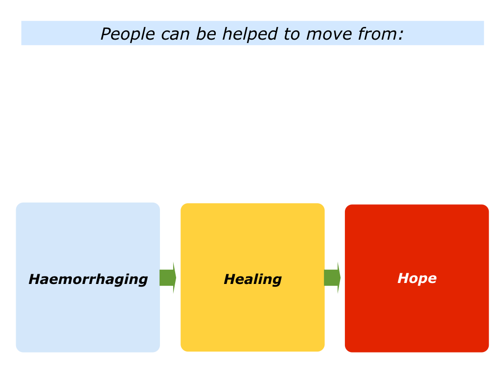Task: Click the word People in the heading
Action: pyautogui.click(x=128, y=34)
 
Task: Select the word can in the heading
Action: pyautogui.click(x=176, y=35)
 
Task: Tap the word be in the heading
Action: pyautogui.click(x=206, y=34)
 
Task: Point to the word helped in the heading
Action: pyautogui.click(x=250, y=34)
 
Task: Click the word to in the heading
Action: pyautogui.click(x=292, y=34)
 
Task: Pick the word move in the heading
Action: pyautogui.click(x=329, y=35)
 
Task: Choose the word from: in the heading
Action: pyautogui.click(x=381, y=34)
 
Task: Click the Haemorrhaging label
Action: pyautogui.click(x=88, y=280)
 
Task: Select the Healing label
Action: pyautogui.click(x=253, y=280)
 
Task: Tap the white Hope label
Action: pyautogui.click(x=417, y=279)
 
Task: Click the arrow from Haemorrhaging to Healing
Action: pyautogui.click(x=168, y=278)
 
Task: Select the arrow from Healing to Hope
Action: pyautogui.click(x=332, y=278)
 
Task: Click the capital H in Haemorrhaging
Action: pyautogui.click(x=35, y=279)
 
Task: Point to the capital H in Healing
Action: pyautogui.click(x=231, y=279)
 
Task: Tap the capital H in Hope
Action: pyautogui.click(x=404, y=278)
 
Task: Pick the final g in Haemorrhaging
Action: pyautogui.click(x=142, y=281)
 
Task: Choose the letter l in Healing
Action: pyautogui.click(x=256, y=279)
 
